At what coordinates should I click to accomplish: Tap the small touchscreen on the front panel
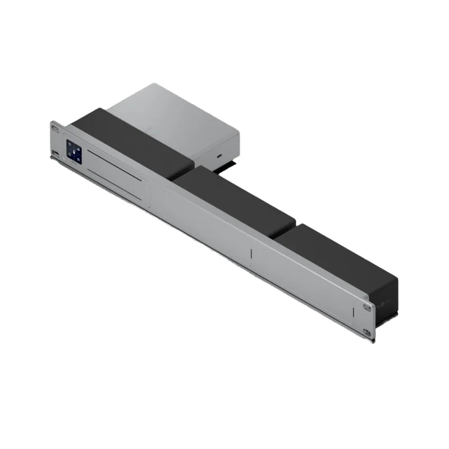point(74,151)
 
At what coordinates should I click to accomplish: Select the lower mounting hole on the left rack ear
point(56,153)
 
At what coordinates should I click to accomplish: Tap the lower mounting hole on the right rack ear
point(366,332)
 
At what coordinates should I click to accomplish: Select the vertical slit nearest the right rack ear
point(353,312)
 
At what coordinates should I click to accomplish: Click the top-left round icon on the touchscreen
point(70,144)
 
